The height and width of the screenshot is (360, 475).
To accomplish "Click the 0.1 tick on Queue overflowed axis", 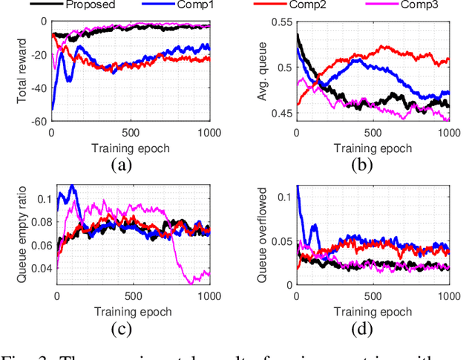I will click(284, 197).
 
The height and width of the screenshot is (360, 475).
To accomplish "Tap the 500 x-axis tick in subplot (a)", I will click(130, 132).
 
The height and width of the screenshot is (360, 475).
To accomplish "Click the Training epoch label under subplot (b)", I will click(372, 147).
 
